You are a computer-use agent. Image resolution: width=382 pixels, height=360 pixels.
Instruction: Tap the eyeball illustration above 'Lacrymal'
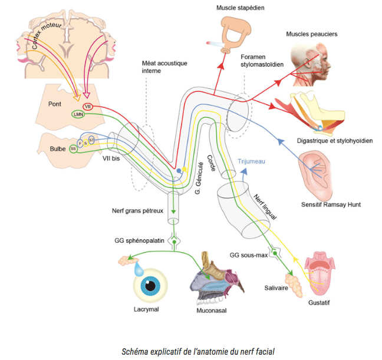149,286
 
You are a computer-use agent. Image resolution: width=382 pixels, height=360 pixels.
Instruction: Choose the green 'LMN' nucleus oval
78,114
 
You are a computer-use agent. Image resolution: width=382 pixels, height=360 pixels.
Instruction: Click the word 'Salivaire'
276,289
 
